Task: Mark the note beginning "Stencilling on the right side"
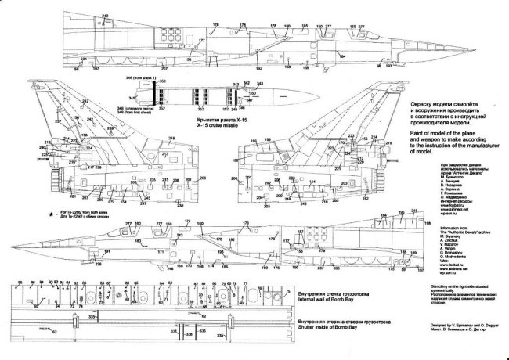point(467,308)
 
